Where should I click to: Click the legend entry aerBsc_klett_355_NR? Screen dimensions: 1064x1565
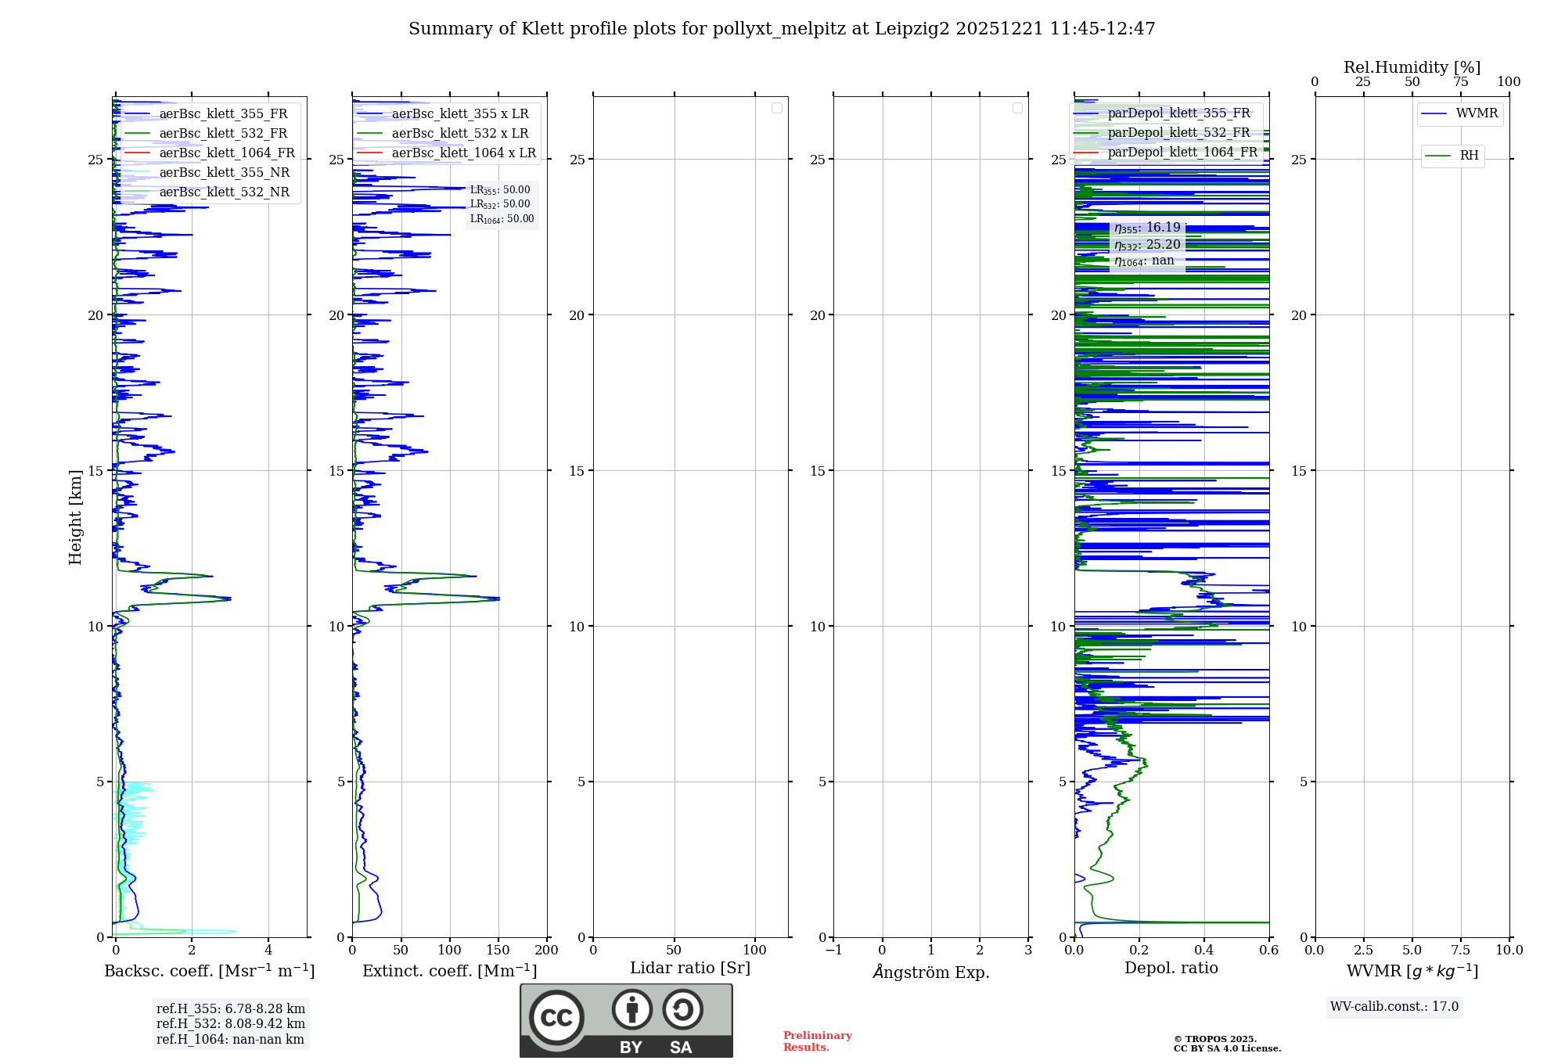pos(224,172)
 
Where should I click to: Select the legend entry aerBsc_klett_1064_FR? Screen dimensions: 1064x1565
pos(226,153)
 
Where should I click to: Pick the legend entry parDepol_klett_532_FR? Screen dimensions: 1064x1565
pos(1178,132)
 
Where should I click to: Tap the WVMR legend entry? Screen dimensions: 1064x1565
pos(1477,113)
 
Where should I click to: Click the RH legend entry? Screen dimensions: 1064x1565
pos(1469,156)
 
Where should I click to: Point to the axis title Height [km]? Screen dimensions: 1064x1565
pos(75,517)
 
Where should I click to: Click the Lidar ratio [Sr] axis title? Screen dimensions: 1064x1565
pos(690,968)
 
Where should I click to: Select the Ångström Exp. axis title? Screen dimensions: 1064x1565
pos(930,972)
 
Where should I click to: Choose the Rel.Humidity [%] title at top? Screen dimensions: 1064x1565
pos(1412,67)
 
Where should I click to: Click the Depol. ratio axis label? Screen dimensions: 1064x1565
pos(1171,968)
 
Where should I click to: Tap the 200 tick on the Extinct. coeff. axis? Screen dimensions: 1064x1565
pos(546,951)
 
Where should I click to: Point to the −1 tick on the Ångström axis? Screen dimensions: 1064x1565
pos(833,951)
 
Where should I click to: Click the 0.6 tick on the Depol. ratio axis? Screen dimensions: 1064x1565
pos(1268,951)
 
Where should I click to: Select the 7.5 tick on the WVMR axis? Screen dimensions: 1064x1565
pos(1461,951)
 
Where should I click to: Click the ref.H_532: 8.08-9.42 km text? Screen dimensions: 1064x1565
pos(230,1023)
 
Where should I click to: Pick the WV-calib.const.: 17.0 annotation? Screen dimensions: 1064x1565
pos(1394,1006)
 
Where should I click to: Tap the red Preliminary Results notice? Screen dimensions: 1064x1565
pos(817,1041)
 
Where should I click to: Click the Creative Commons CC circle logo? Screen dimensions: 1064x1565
pos(556,1018)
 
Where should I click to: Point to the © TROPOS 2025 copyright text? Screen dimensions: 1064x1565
pos(1214,1039)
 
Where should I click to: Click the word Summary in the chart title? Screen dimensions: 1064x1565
pos(444,29)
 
